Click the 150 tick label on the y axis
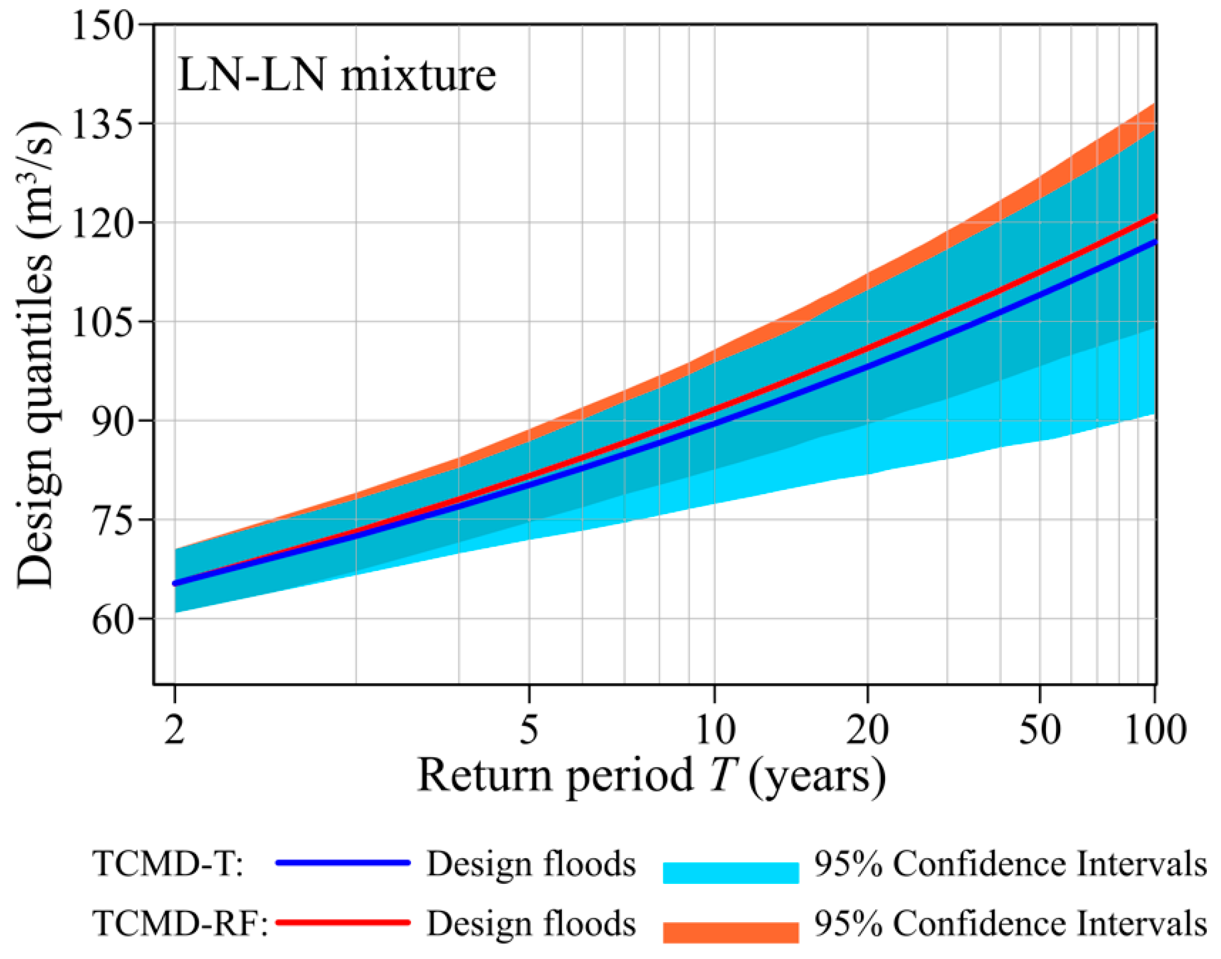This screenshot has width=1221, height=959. click(104, 25)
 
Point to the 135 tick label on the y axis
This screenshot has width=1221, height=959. click(104, 124)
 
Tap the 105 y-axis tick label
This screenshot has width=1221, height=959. click(104, 322)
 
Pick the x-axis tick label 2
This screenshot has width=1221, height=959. click(175, 729)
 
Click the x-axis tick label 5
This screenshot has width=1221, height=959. click(529, 729)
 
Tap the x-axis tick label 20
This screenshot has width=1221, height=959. click(868, 729)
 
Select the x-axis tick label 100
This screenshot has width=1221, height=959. click(1155, 729)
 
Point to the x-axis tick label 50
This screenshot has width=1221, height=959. click(1040, 729)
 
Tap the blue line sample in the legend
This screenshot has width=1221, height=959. click(343, 863)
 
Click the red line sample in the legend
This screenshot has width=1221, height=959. click(343, 923)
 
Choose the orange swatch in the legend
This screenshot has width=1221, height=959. click(731, 933)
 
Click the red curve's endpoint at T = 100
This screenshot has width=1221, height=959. click(1154, 216)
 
